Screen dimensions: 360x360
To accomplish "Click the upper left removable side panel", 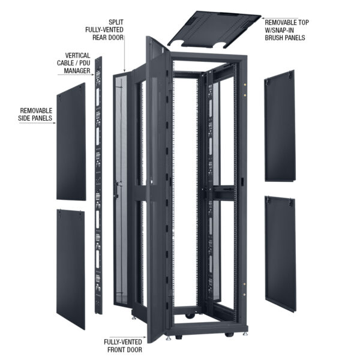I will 71,141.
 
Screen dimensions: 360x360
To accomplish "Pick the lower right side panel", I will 280,252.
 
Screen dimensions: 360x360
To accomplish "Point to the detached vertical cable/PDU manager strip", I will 98,180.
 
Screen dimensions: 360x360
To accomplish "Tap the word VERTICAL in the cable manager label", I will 74,55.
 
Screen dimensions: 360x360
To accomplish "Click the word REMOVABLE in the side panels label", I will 36,111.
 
